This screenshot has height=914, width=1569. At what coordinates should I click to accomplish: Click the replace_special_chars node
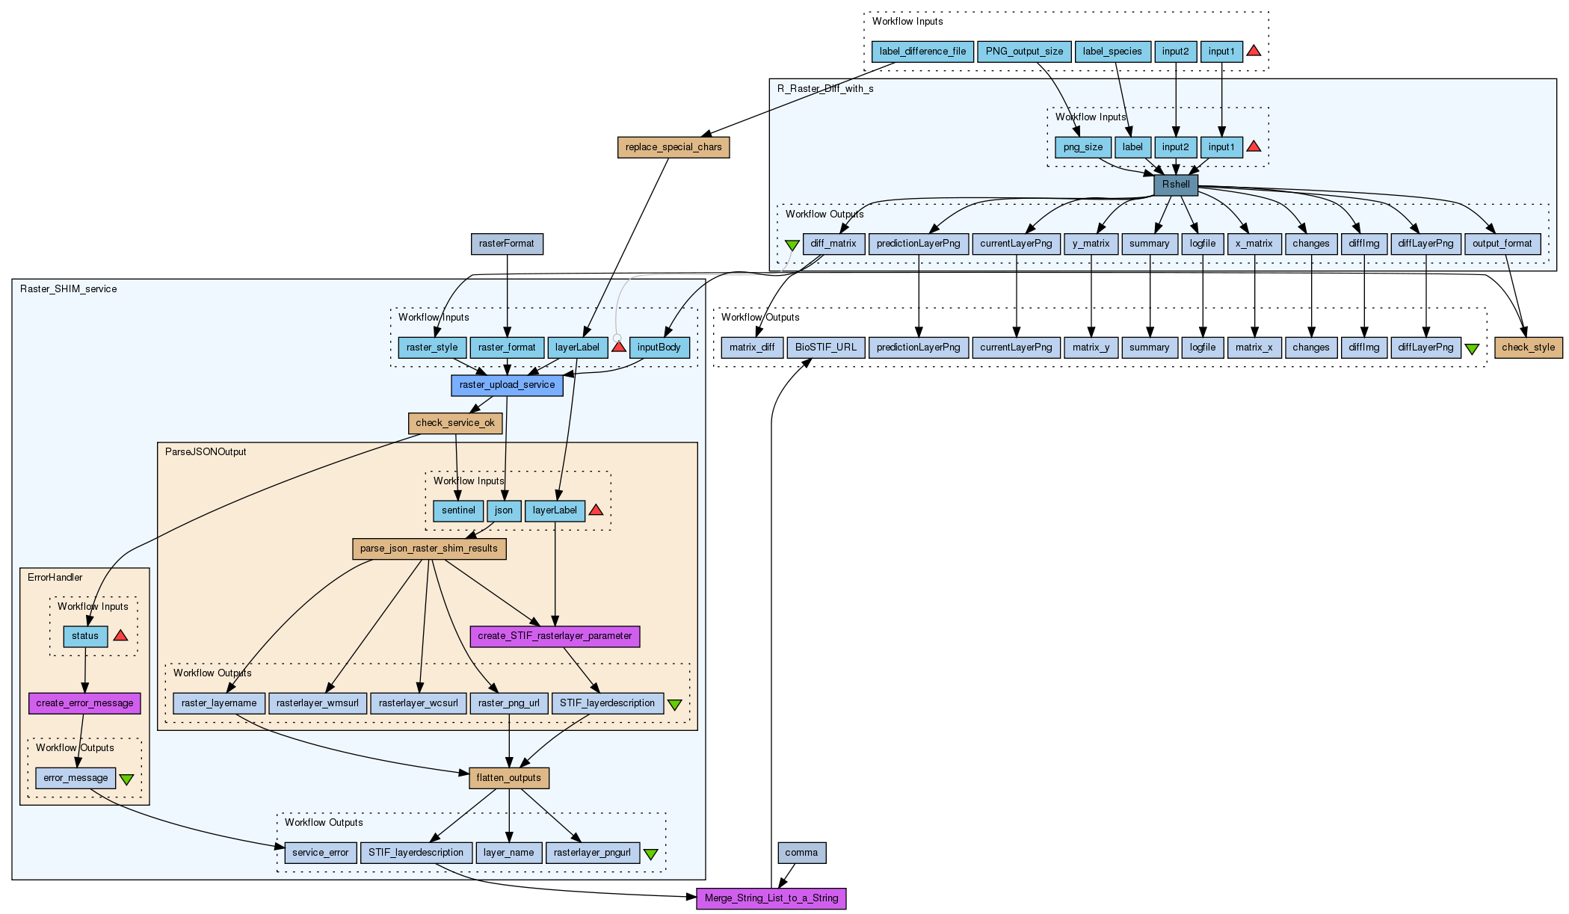click(673, 147)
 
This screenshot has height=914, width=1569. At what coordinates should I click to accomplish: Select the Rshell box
click(1176, 185)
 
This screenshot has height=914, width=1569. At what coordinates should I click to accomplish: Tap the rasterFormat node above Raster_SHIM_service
click(507, 244)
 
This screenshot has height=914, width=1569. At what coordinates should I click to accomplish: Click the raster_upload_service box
click(507, 385)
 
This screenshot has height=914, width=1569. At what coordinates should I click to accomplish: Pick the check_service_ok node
click(455, 423)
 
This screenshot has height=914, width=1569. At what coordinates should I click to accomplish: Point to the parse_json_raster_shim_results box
click(429, 549)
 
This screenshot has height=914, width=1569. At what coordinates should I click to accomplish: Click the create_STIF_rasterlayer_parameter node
click(555, 636)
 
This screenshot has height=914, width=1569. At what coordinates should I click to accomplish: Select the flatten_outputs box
click(509, 778)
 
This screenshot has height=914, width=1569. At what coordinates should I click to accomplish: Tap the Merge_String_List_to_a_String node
click(771, 898)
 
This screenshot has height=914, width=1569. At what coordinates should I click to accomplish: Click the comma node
click(801, 853)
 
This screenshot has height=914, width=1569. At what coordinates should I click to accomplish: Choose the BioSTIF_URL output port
click(826, 348)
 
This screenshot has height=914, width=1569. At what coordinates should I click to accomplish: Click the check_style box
click(1528, 348)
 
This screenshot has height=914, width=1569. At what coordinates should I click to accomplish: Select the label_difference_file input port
click(922, 52)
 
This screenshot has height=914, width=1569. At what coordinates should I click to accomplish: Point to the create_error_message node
click(84, 703)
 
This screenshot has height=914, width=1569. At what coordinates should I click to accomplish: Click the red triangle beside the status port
click(120, 636)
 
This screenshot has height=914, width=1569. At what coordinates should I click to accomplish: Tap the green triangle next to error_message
click(127, 779)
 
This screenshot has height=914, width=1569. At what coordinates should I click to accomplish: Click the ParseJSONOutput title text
click(206, 452)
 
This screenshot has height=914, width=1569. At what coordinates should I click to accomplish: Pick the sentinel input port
click(458, 510)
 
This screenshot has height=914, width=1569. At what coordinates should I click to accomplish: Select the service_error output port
click(320, 853)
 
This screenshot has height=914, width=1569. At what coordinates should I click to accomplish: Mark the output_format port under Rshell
click(1502, 244)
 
